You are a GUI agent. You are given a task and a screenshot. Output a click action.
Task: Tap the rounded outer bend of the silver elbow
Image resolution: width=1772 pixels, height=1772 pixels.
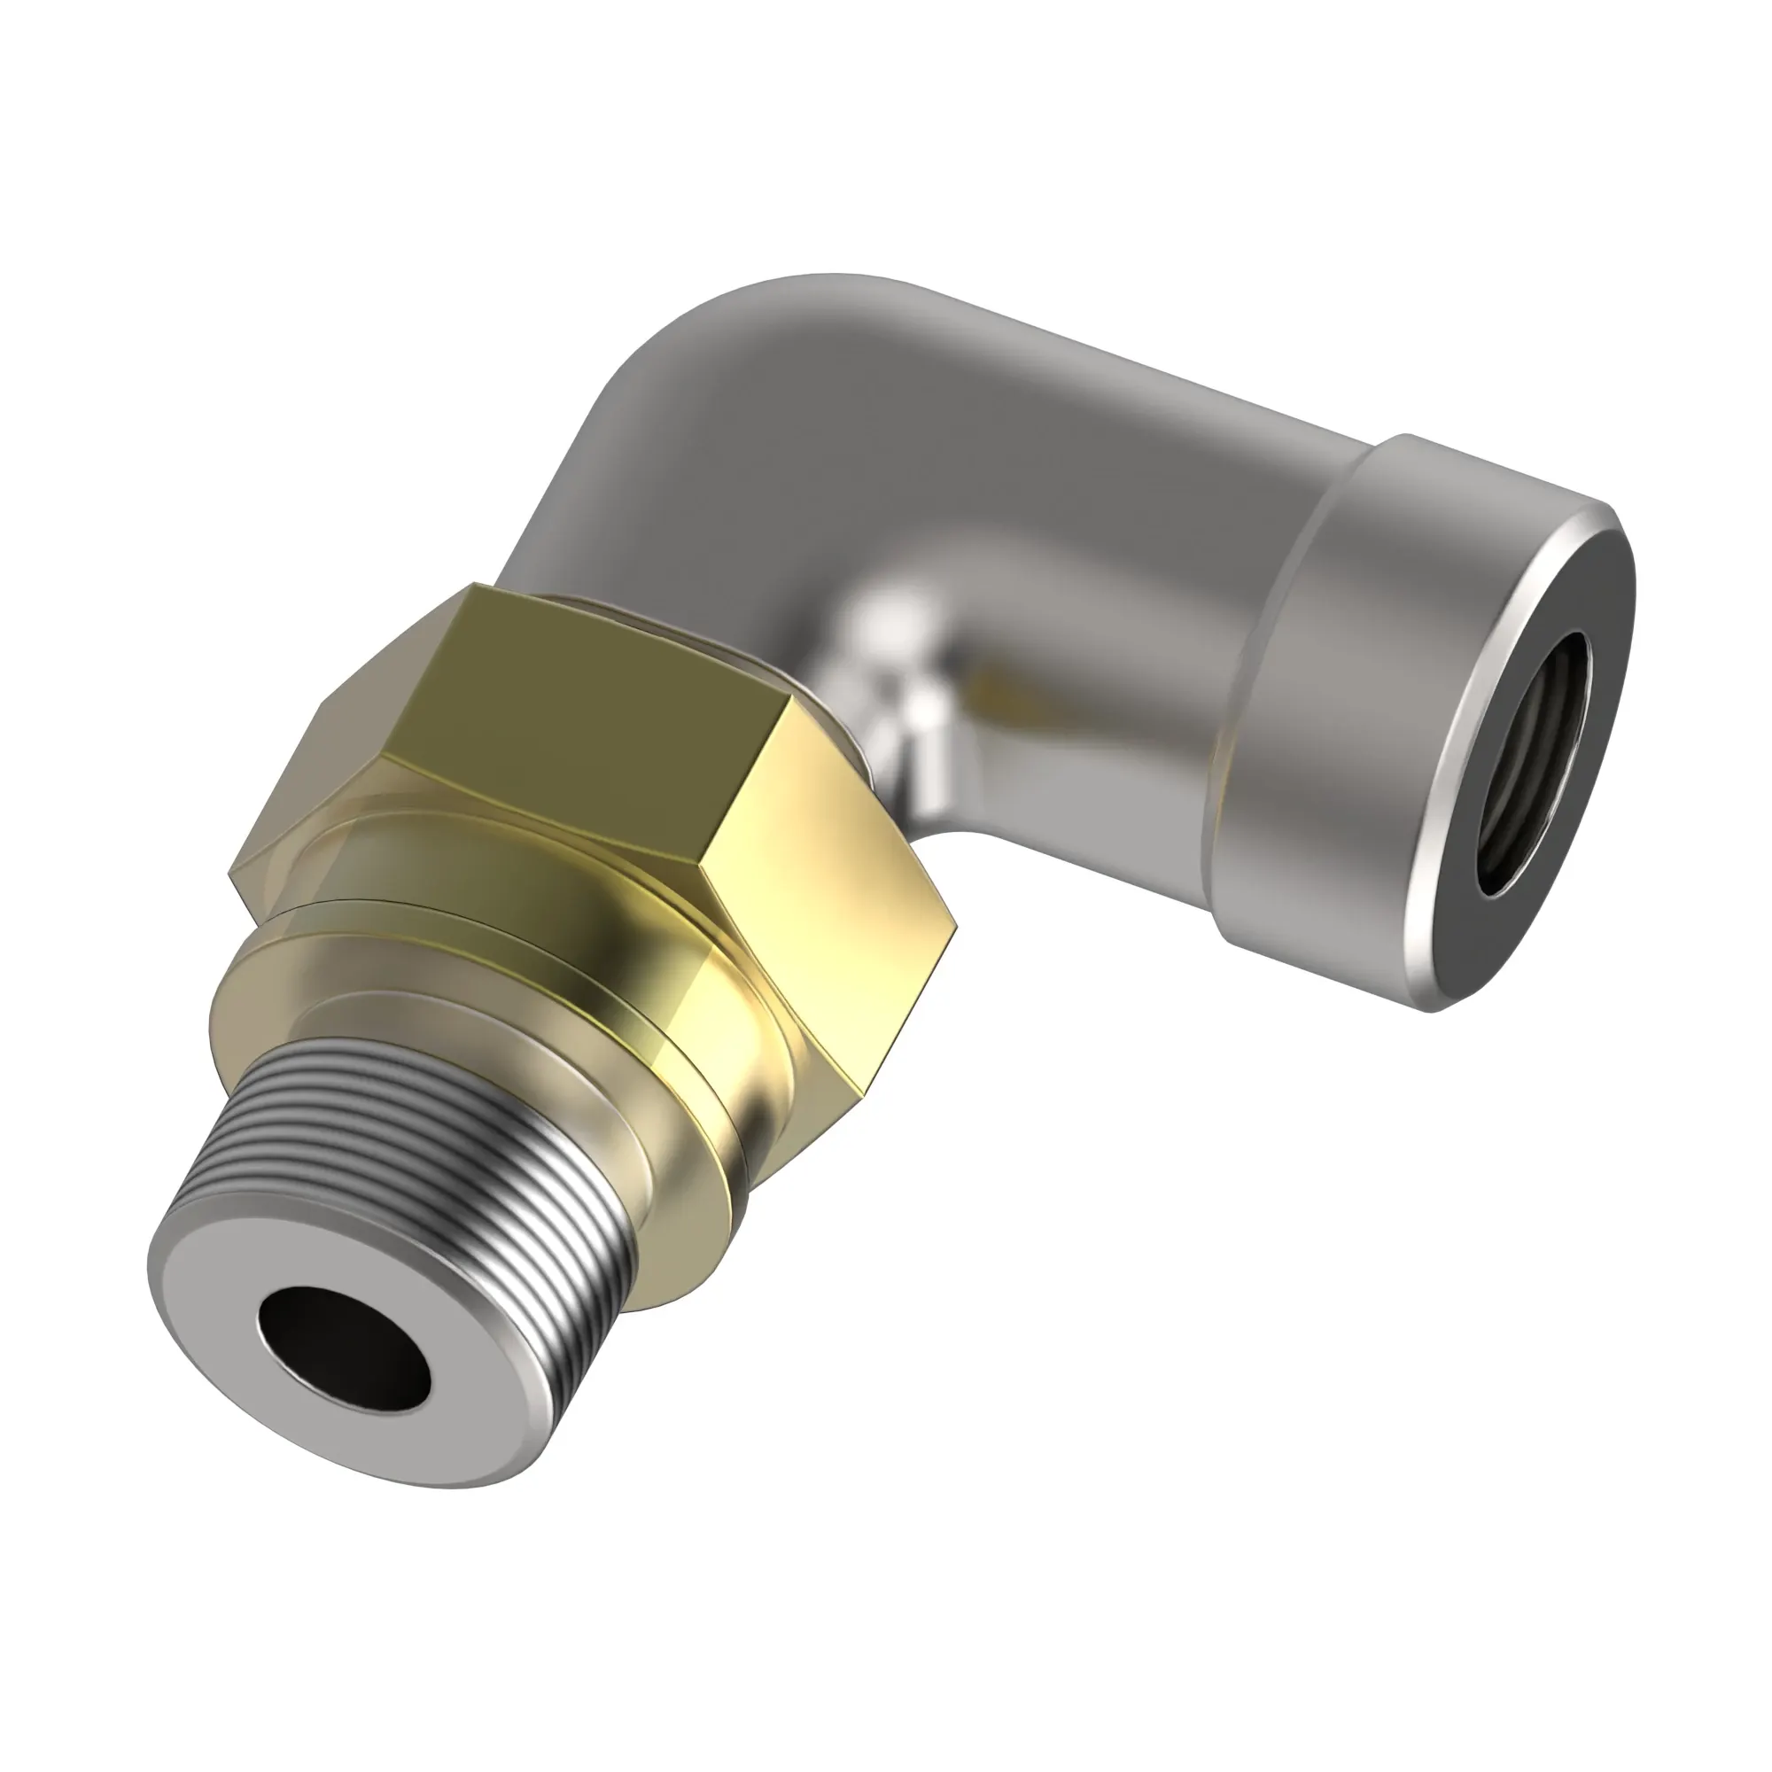point(697,348)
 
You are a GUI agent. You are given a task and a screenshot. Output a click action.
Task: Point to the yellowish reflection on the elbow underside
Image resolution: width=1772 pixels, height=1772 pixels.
point(999,688)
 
